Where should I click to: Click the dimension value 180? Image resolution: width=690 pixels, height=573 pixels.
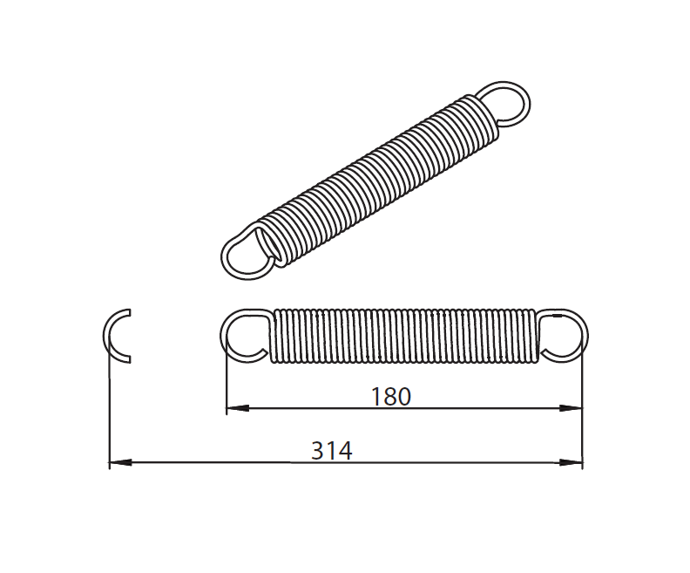point(390,397)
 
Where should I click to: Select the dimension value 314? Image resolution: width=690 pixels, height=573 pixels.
point(331,451)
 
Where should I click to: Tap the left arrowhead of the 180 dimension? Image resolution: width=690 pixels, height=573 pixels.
point(233,407)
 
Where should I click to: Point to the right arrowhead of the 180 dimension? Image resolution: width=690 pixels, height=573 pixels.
point(574,407)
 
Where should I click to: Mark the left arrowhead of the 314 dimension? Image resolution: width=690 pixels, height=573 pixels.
point(118,461)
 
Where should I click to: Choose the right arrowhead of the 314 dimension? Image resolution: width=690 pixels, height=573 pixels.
point(574,461)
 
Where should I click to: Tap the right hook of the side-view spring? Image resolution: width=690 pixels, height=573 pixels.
point(564,335)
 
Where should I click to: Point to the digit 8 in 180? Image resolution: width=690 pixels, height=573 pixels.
point(390,397)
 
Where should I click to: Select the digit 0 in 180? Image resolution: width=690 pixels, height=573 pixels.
point(402,397)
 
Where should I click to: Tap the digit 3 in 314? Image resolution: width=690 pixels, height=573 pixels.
point(318,451)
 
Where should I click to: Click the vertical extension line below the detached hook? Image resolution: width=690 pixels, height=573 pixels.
point(109,410)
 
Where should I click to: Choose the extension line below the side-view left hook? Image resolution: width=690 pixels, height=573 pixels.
point(227,384)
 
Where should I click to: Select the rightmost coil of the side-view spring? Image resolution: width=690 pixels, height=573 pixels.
point(531,335)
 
